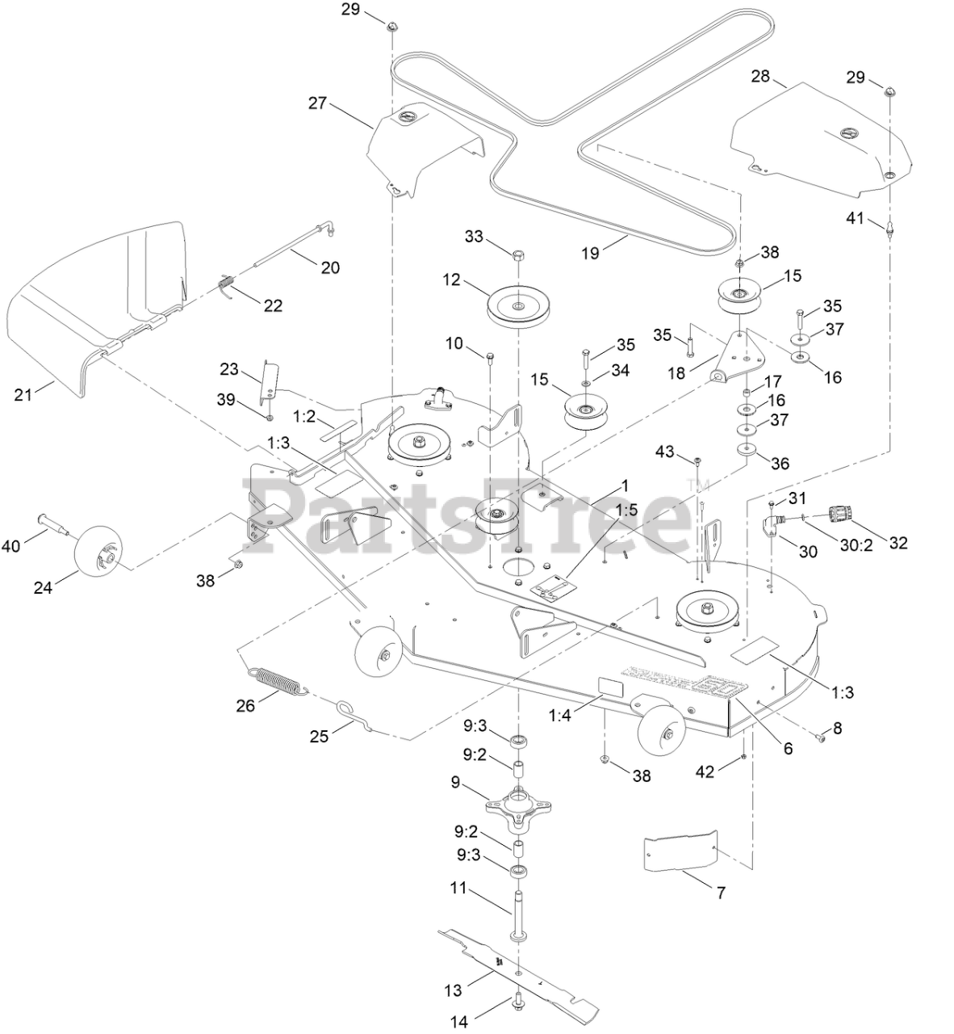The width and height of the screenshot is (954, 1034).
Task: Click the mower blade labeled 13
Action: [517, 969]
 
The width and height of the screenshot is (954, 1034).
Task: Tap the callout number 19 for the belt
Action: [590, 252]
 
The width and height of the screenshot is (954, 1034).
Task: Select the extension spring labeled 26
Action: [278, 678]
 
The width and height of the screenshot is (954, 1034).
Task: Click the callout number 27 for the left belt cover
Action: [317, 103]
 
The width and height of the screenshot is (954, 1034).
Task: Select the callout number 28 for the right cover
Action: [759, 78]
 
